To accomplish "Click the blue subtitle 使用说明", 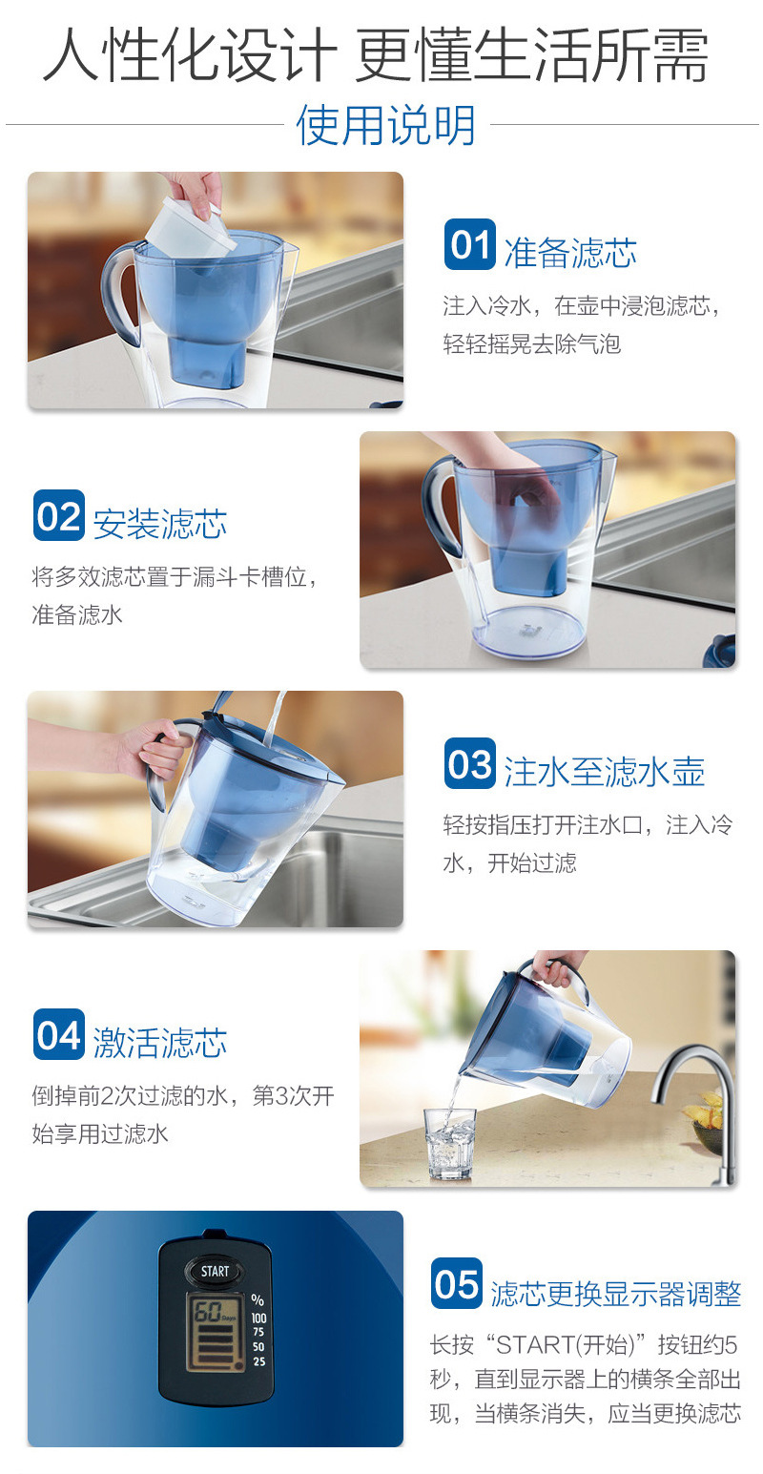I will coord(385,125).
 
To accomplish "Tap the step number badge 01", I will coord(469,245).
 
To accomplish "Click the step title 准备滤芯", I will coord(569,253).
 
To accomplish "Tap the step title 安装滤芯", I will coord(159,524).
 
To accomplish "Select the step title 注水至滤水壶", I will coord(604,772).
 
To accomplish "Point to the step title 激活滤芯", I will coord(159,1042).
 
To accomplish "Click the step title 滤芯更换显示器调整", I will coord(615,1294).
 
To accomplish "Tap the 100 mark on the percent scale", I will coord(258,1318).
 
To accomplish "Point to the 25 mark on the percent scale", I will coord(258,1361).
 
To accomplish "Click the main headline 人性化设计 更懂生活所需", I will coord(376,56).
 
